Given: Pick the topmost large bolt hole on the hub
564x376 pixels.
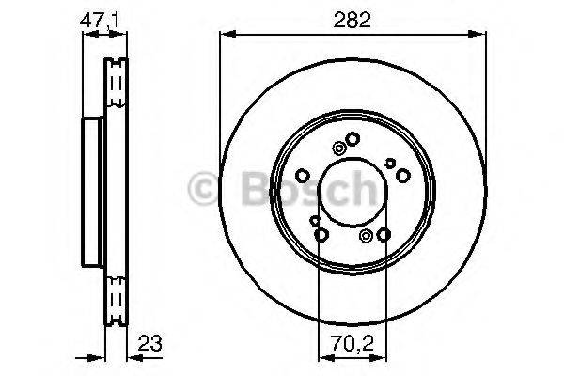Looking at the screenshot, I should (x=352, y=139).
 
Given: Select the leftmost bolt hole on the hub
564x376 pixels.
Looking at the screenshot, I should (x=303, y=176).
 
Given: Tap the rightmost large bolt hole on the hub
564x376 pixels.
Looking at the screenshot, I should (x=402, y=176).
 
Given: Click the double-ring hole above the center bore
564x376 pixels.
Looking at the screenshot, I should (x=338, y=147).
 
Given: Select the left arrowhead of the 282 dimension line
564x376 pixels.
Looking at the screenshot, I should (x=224, y=35).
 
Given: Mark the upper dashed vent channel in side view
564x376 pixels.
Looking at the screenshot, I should (x=117, y=89).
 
